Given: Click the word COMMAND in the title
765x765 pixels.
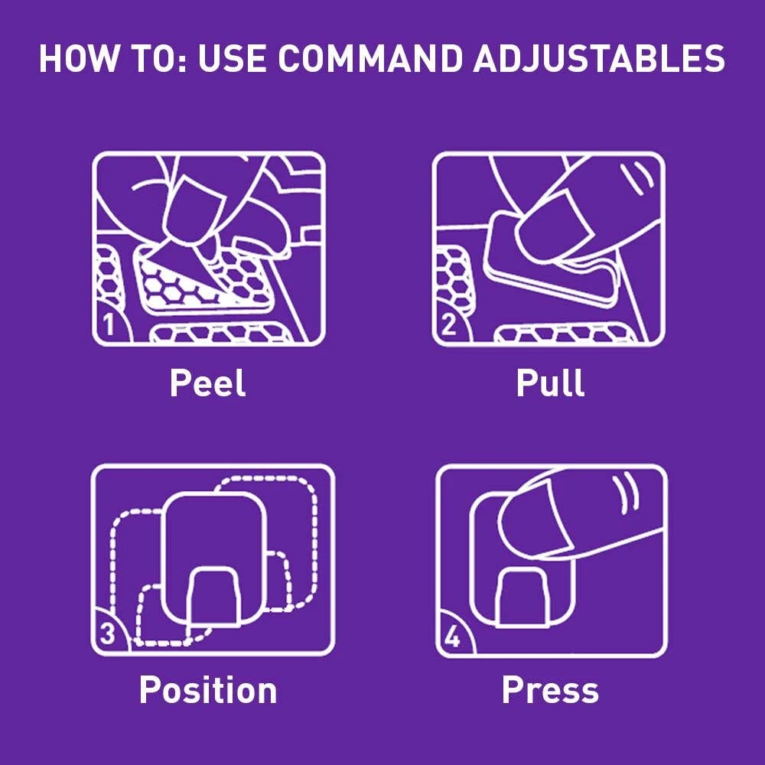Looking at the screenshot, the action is [x=369, y=59].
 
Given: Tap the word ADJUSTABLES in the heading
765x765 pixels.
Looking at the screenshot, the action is [x=599, y=59].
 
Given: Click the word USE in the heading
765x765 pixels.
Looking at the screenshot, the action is [x=233, y=59].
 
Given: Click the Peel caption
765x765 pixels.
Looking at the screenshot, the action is [x=207, y=383].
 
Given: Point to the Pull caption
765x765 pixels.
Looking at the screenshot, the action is [x=550, y=383].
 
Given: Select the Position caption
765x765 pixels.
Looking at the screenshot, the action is [x=208, y=690].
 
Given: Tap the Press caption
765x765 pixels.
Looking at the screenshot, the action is [x=550, y=690].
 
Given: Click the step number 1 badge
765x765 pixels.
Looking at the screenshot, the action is [x=109, y=324].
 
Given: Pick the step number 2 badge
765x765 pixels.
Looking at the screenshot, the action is [x=449, y=324].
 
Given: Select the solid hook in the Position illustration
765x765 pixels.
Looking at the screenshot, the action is [x=215, y=597].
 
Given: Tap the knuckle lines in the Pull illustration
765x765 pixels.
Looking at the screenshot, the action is [x=637, y=178].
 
